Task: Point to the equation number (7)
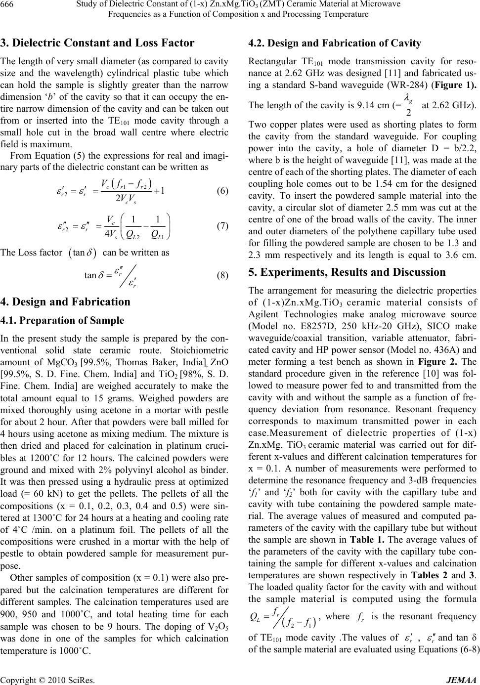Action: [x=221, y=226]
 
